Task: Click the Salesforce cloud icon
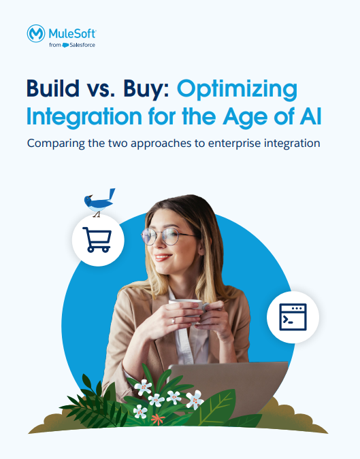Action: pos(65,45)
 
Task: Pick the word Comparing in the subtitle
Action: pos(57,143)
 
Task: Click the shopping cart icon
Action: pos(97,239)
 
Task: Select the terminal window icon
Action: pos(293,318)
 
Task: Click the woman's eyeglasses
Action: pos(169,236)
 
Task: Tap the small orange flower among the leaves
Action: pos(157,418)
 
